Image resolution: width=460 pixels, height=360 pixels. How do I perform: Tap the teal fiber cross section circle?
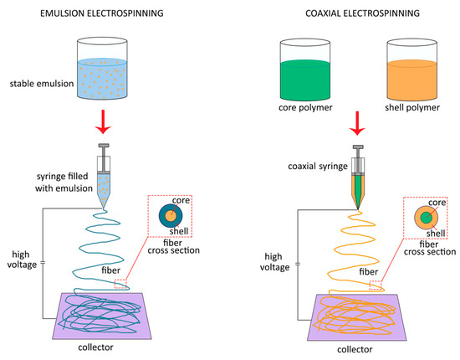171,219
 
